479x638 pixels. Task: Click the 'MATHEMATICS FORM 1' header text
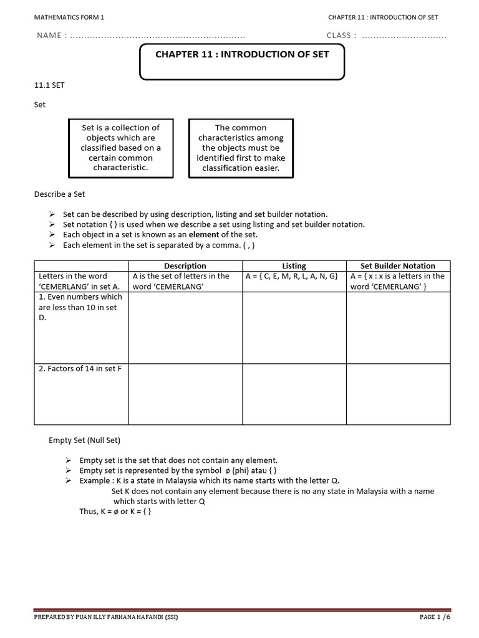69,17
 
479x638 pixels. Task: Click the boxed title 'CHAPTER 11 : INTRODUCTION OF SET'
241,55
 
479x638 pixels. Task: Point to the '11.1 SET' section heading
49,85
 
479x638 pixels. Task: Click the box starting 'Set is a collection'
120,148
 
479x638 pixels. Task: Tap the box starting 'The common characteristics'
240,148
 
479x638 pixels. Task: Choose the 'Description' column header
185,265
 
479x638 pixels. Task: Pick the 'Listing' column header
294,265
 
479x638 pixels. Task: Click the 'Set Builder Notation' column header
398,265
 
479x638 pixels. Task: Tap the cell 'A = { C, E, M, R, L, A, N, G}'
292,276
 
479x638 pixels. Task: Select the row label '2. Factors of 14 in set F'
80,369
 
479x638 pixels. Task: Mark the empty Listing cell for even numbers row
294,327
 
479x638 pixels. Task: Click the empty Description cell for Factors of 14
185,394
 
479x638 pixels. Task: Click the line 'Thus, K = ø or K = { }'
112,512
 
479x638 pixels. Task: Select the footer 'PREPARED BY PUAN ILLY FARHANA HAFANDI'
109,617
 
